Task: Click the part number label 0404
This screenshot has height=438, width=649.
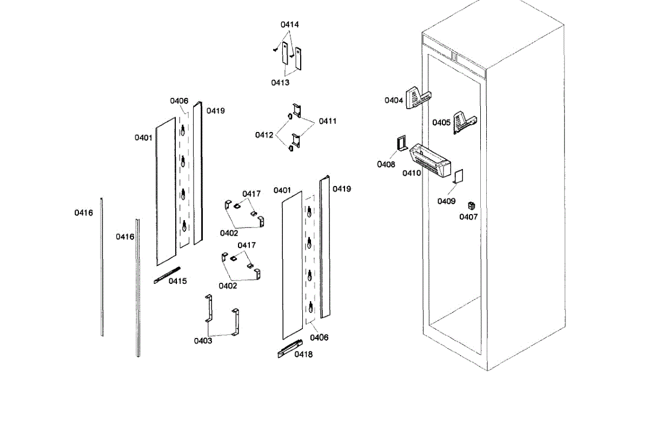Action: [394, 101]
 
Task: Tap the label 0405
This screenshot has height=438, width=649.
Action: [441, 123]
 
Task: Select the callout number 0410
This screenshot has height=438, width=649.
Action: [412, 174]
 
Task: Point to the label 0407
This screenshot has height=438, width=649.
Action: [468, 217]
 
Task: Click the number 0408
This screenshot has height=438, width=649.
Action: [386, 164]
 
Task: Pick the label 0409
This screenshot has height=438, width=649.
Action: [447, 201]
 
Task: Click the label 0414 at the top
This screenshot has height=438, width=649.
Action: [289, 25]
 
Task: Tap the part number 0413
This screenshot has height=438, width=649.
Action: [280, 83]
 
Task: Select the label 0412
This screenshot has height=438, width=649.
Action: [264, 135]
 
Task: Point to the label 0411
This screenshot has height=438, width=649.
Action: [327, 121]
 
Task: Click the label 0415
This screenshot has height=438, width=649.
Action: [177, 281]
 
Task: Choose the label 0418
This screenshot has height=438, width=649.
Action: [303, 355]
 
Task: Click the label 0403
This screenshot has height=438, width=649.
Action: [203, 341]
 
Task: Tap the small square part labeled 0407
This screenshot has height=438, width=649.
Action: [471, 206]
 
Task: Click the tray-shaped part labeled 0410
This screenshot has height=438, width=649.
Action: [431, 161]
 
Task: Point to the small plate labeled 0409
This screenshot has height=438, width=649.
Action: [459, 177]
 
